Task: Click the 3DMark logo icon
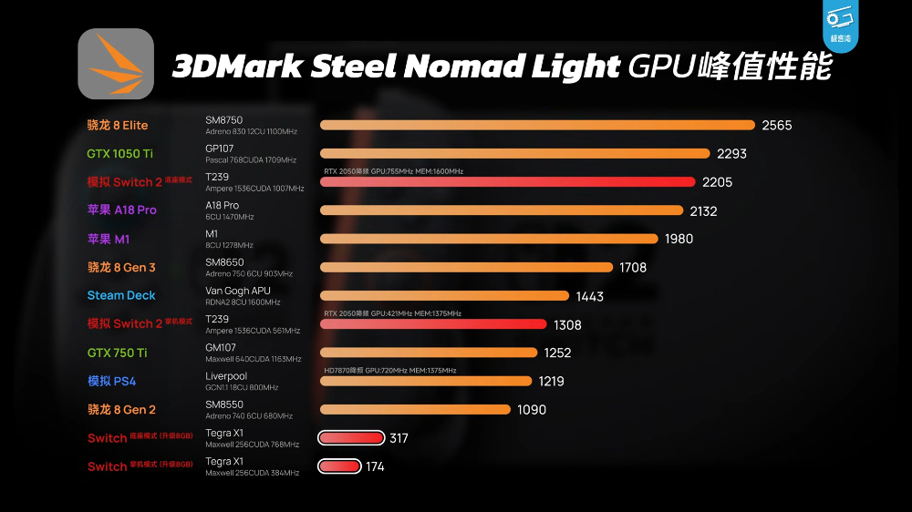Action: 116,64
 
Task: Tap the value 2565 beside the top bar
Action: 777,126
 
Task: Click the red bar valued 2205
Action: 507,182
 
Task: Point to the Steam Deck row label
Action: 121,295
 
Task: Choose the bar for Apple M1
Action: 489,239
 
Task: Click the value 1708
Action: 633,268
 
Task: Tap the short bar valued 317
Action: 351,438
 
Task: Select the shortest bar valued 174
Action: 339,466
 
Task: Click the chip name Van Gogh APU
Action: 238,291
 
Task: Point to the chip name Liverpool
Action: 226,375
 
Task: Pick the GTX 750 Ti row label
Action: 117,353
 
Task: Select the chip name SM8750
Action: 224,120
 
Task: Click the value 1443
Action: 589,296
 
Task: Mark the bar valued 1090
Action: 415,410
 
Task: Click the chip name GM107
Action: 221,347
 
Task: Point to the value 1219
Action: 552,382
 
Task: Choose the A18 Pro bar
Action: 502,210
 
